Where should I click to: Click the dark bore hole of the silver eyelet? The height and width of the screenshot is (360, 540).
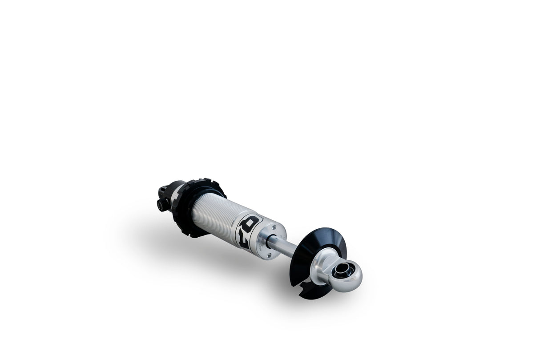(343, 270)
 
